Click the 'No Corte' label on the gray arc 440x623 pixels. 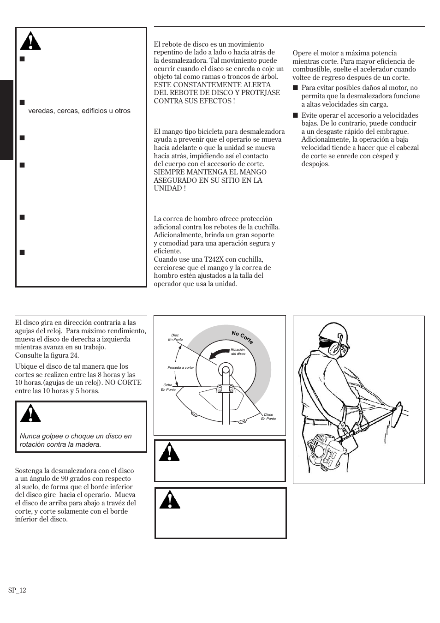[x=242, y=338]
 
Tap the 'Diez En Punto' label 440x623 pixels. [x=175, y=337]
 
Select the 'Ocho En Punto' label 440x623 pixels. [x=168, y=387]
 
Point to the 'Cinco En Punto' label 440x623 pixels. [x=268, y=416]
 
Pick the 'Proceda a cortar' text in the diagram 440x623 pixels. [x=181, y=367]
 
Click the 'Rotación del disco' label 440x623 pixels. [x=238, y=351]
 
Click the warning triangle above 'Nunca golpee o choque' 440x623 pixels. [x=30, y=414]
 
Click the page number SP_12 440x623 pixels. [x=17, y=590]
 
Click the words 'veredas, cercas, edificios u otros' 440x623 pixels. [x=79, y=111]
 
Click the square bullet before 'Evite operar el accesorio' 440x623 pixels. [x=295, y=115]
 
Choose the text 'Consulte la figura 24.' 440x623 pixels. [x=47, y=355]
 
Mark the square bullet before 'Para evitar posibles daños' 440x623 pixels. [x=295, y=88]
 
